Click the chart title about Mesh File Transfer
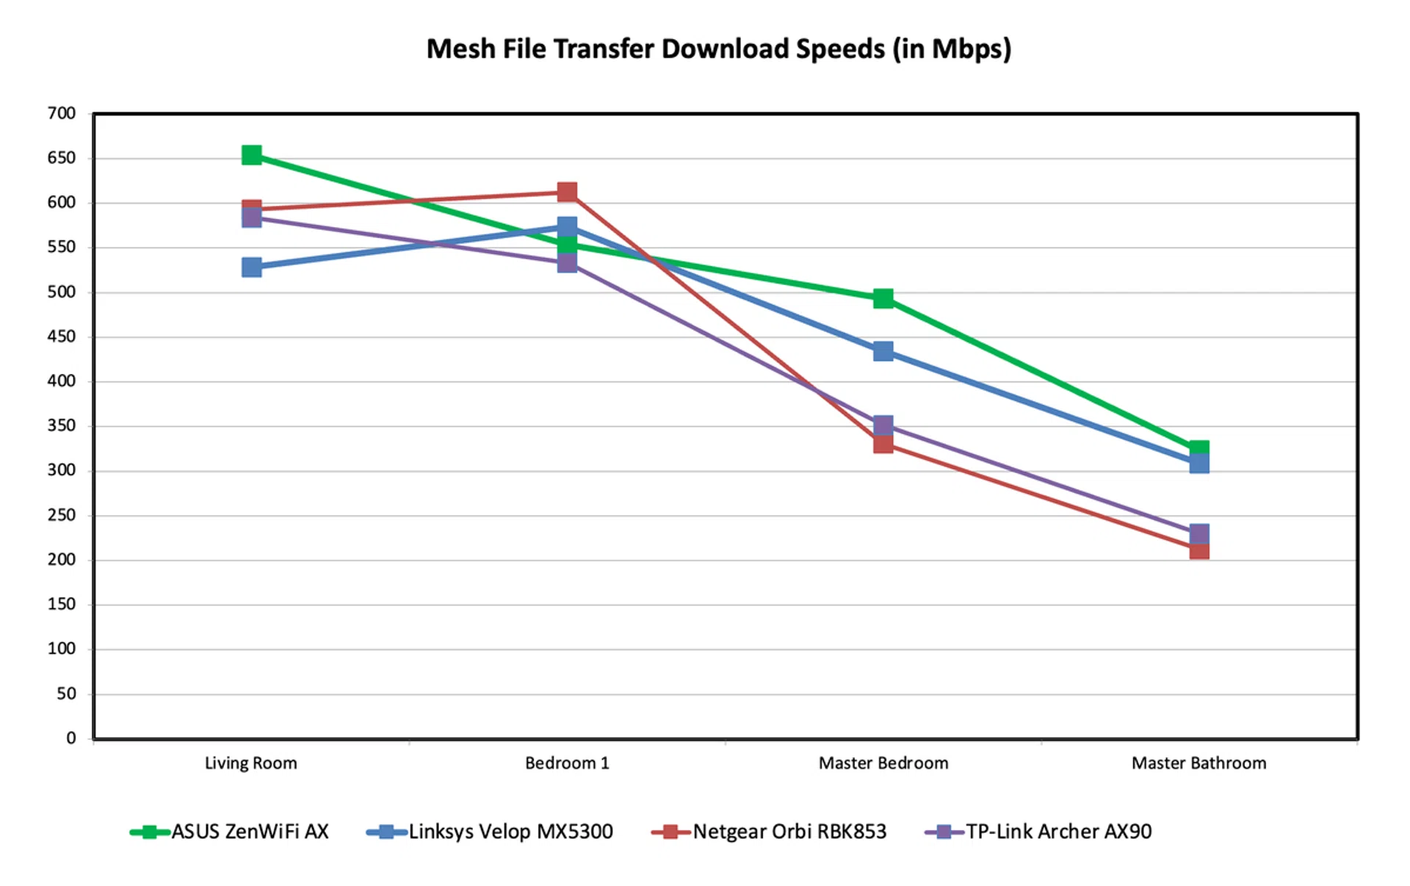pyautogui.click(x=718, y=49)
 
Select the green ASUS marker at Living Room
pyautogui.click(x=252, y=155)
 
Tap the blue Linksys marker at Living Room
pyautogui.click(x=252, y=267)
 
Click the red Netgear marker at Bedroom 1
pyautogui.click(x=567, y=192)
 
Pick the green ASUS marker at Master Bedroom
pyautogui.click(x=883, y=298)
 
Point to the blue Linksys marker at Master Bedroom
pyautogui.click(x=883, y=351)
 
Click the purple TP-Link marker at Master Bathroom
pyautogui.click(x=1199, y=533)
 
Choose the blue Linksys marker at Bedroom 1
pyautogui.click(x=567, y=226)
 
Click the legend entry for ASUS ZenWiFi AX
pyautogui.click(x=229, y=832)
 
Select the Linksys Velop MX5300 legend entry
pyautogui.click(x=490, y=832)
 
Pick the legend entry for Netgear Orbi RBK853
pyautogui.click(x=769, y=832)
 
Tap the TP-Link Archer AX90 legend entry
pyautogui.click(x=1038, y=832)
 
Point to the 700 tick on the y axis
pyautogui.click(x=62, y=113)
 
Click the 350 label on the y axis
pyautogui.click(x=62, y=426)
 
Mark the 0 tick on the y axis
pyautogui.click(x=70, y=738)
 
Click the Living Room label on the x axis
pyautogui.click(x=251, y=763)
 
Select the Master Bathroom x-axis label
pyautogui.click(x=1198, y=763)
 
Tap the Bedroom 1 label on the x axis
pyautogui.click(x=567, y=763)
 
